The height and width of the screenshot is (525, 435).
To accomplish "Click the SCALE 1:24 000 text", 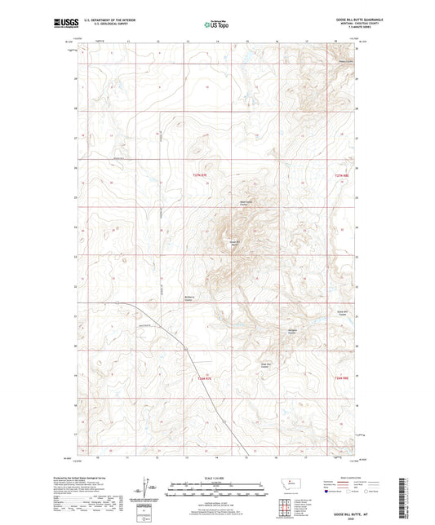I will click(217, 477).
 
